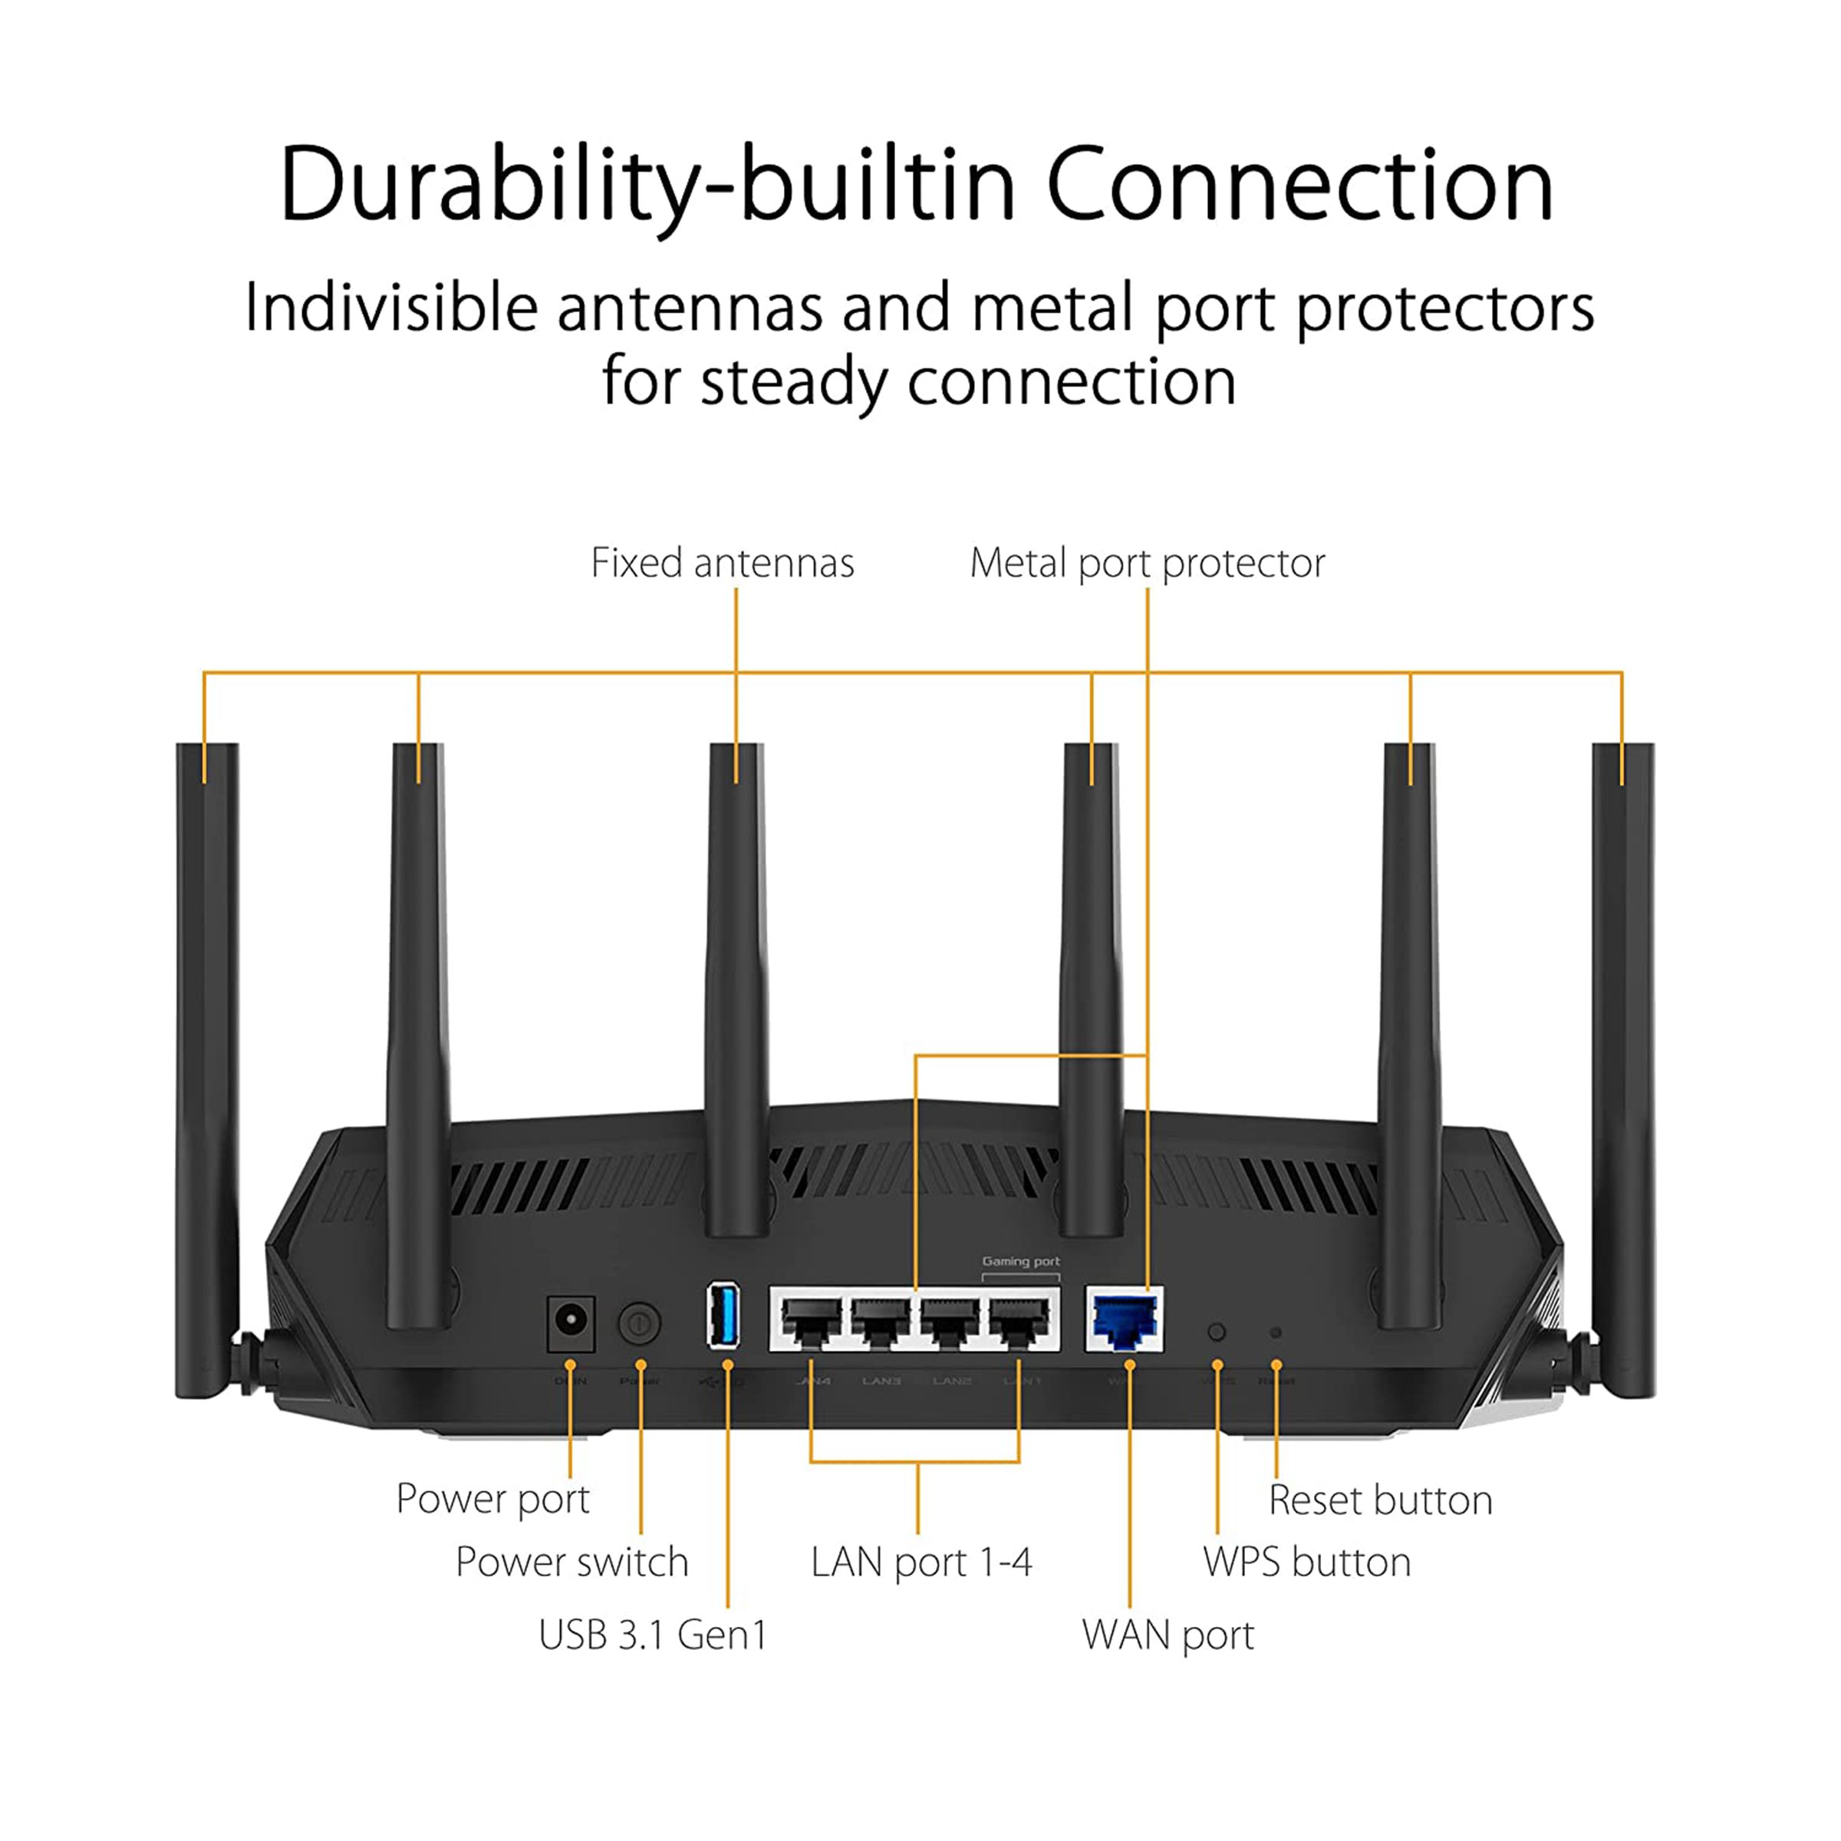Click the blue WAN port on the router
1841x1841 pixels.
(1125, 1322)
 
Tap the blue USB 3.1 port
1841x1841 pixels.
(723, 1316)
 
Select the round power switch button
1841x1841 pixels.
(640, 1323)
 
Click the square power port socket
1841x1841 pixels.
(571, 1322)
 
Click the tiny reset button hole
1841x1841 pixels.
(1276, 1333)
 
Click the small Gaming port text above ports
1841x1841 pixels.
(1020, 1260)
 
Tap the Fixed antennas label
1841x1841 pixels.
(723, 563)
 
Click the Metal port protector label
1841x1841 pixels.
(1148, 563)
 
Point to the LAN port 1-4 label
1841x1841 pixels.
(920, 1563)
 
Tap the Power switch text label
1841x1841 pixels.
(571, 1563)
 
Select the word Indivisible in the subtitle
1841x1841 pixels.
(390, 308)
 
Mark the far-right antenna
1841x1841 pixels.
(1623, 1067)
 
